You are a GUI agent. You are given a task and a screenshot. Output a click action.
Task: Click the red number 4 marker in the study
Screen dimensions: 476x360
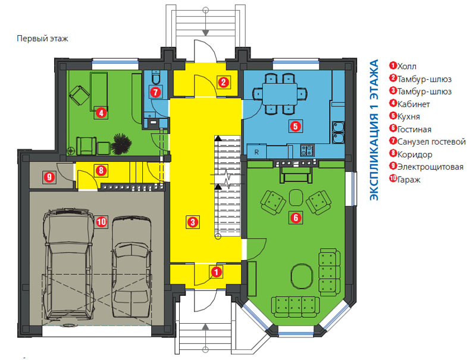[101, 113]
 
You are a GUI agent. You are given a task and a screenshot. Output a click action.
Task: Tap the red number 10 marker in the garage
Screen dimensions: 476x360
[101, 222]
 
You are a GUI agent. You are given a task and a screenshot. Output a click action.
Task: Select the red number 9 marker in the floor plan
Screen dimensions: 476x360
[49, 177]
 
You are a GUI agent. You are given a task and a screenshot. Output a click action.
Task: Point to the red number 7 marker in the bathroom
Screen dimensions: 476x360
[155, 92]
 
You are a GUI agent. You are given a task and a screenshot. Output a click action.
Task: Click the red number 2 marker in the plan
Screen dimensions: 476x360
[224, 82]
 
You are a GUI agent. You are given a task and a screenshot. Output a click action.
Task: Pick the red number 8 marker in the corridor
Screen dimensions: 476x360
[101, 171]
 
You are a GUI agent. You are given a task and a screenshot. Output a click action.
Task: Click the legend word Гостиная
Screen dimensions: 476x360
[414, 130]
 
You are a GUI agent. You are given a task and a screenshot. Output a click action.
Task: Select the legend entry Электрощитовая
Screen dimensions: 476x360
[430, 167]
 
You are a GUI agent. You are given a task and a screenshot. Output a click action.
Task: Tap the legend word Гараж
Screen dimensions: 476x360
[409, 180]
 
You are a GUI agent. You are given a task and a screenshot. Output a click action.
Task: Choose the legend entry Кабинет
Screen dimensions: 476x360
[414, 104]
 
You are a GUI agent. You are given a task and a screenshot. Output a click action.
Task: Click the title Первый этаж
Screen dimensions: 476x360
[42, 39]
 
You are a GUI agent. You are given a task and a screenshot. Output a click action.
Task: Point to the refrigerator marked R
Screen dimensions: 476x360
[256, 152]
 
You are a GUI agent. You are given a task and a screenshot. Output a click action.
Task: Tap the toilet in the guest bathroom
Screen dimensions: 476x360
[156, 77]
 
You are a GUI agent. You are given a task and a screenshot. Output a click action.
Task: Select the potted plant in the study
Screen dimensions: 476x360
[121, 143]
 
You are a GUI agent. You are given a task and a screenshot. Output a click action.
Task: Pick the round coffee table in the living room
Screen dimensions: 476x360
[302, 276]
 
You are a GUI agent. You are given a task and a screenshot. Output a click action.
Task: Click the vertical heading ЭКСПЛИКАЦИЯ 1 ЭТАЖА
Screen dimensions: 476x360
[374, 130]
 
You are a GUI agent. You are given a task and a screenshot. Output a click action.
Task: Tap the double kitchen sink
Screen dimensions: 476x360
[338, 132]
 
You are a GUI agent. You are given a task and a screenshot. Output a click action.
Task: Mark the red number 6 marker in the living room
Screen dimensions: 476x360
[296, 217]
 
